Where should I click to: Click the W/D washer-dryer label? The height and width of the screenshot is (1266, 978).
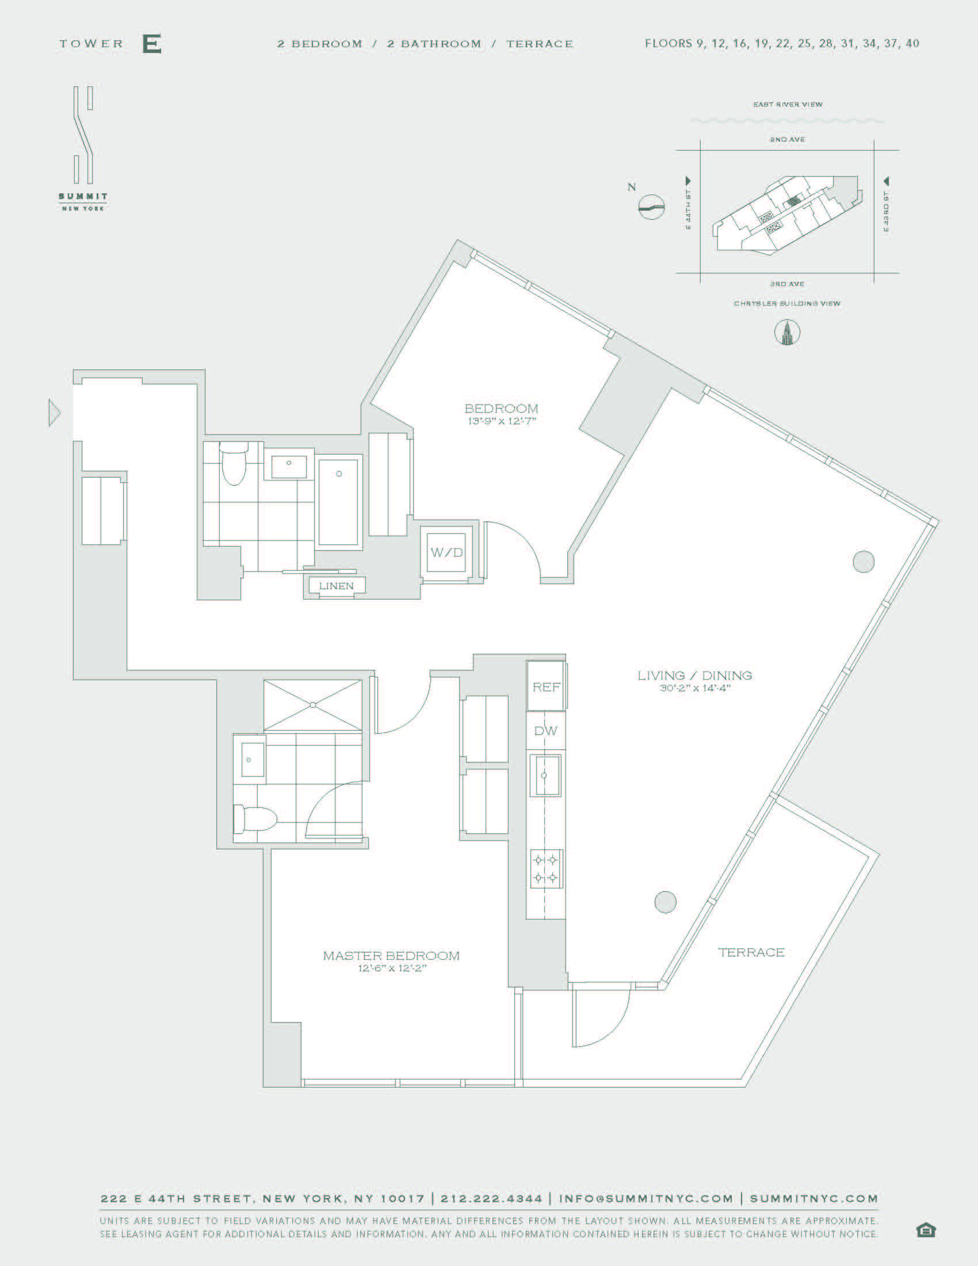446,552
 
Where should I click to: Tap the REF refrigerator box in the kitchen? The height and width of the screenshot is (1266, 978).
546,687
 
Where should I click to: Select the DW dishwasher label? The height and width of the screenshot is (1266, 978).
546,731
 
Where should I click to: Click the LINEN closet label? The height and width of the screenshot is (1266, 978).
336,585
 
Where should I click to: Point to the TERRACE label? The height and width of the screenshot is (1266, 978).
751,952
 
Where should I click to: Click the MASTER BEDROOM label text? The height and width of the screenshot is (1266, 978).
392,955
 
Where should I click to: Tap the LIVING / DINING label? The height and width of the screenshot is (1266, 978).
695,676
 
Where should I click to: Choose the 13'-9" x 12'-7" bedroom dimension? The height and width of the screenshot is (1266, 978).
502,421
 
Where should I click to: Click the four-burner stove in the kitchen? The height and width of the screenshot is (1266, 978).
546,868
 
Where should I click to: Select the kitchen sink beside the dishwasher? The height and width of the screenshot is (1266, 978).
545,775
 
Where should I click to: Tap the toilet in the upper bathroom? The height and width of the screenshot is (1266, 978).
235,463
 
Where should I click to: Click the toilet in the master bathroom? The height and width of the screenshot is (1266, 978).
255,819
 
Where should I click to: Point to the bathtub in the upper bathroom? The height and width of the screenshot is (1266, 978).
338,501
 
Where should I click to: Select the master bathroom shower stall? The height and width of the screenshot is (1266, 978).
313,705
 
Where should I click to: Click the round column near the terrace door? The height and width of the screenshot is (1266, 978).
665,902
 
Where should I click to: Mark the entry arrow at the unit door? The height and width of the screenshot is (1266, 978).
54,413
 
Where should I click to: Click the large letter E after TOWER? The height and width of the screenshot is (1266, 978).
152,44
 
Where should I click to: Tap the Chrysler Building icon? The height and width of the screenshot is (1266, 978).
787,333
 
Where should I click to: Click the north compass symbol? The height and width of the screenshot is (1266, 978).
651,207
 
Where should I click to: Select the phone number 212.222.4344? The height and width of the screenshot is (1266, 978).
491,1198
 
